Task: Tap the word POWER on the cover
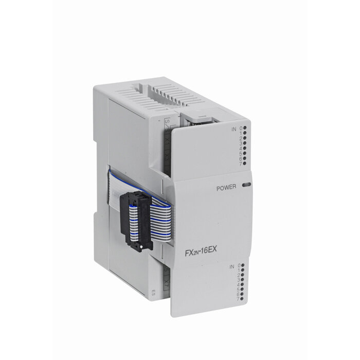[x=226, y=188]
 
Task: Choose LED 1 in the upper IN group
[x=246, y=134]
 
